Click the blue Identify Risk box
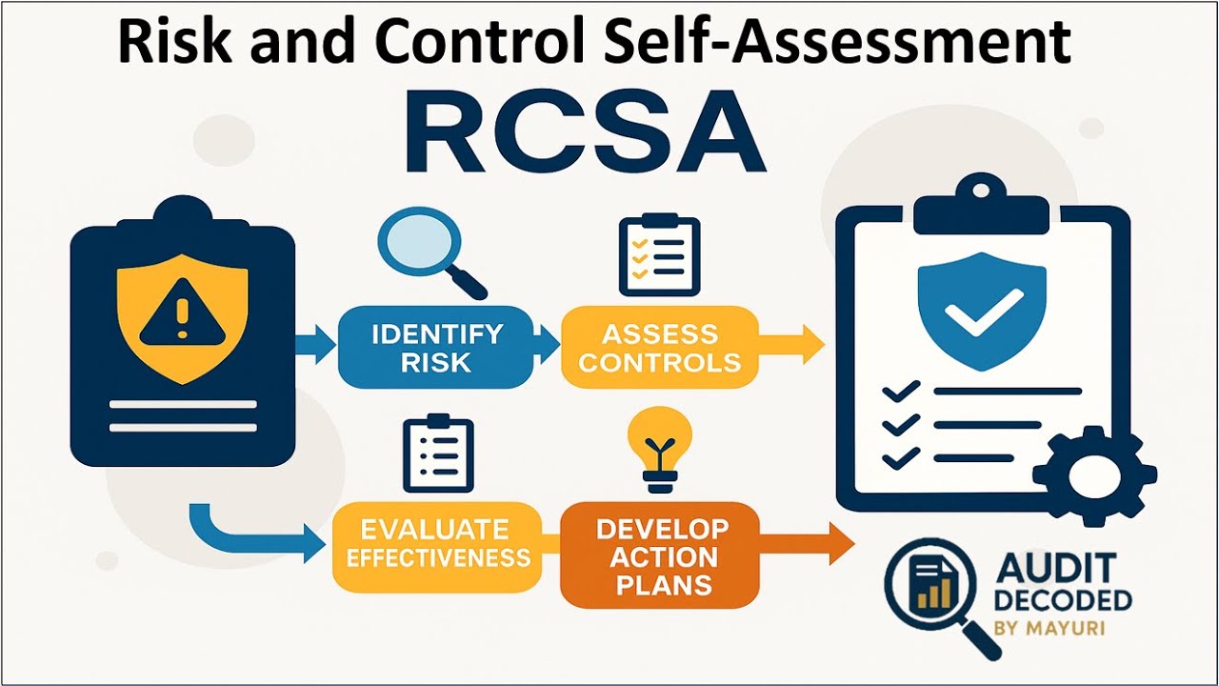coord(436,347)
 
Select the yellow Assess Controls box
coord(659,347)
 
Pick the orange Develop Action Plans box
coord(659,555)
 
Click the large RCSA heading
coord(585,133)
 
